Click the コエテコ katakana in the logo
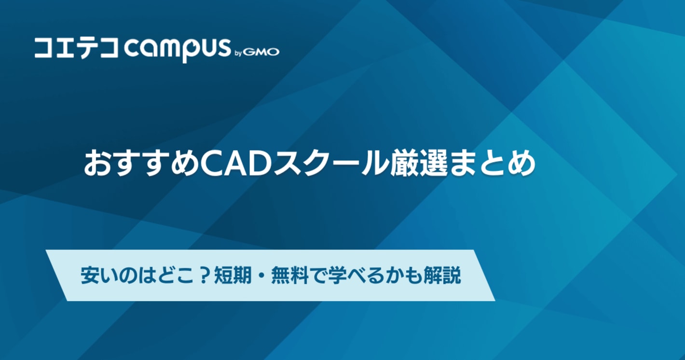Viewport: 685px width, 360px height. point(76,49)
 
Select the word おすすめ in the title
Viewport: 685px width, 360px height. point(141,164)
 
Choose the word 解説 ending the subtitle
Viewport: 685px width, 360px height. point(442,276)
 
